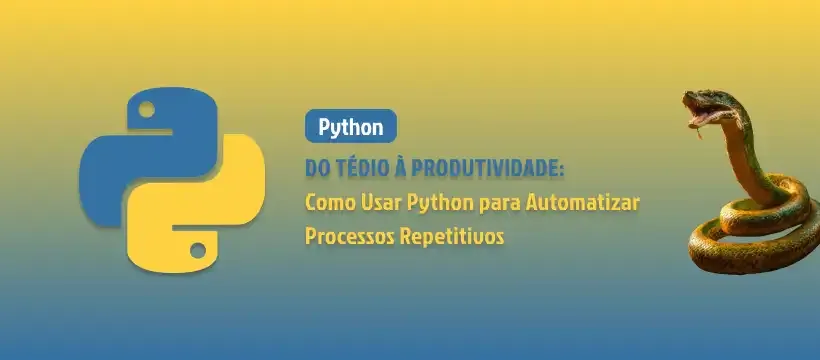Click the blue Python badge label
[351, 126]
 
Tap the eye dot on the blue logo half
[146, 109]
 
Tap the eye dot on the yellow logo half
[198, 250]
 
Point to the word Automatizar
[583, 202]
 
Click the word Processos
[350, 237]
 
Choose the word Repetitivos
[452, 237]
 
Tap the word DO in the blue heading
[317, 169]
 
